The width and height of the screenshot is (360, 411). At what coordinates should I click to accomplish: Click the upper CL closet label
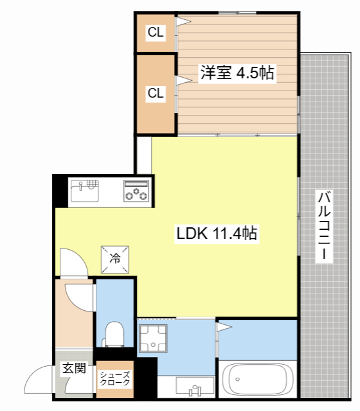coord(156,32)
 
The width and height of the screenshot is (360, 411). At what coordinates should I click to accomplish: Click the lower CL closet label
coord(156,93)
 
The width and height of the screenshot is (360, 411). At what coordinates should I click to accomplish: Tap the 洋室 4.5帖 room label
coord(237,73)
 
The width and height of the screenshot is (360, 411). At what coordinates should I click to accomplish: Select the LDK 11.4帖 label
coord(217,233)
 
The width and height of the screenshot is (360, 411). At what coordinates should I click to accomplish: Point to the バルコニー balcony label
coord(324,225)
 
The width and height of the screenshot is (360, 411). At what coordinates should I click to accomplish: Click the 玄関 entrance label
coord(75,368)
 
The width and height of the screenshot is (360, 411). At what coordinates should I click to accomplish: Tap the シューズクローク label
coord(115,378)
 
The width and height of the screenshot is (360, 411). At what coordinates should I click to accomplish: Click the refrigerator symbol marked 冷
coord(115,259)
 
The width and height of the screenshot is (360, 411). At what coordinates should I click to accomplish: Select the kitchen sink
coord(85,191)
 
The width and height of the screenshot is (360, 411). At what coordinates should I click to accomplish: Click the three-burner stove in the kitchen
coord(136,191)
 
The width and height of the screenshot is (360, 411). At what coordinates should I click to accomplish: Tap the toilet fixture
coord(114,335)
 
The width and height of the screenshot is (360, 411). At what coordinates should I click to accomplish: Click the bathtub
coord(257,379)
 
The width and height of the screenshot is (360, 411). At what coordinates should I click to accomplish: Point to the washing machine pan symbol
coord(153,338)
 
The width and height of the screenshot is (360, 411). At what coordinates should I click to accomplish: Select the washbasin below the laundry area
coord(195,386)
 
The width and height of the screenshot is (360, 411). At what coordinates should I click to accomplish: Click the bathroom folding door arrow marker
coord(224,327)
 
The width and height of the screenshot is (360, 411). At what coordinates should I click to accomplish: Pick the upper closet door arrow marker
coord(183,21)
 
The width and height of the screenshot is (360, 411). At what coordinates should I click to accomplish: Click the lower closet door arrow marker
coord(184,80)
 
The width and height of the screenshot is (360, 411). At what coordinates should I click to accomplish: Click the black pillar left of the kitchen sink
coord(60,191)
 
